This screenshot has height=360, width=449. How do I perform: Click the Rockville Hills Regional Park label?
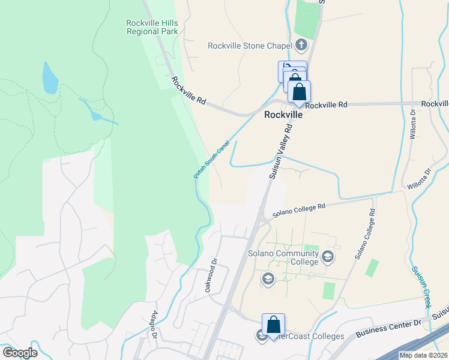[x=152, y=27]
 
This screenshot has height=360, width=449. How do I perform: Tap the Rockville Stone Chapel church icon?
[x=301, y=46]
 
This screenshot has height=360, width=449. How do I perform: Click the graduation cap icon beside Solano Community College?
[x=328, y=257]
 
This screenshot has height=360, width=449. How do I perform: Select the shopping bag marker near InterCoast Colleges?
[x=273, y=324]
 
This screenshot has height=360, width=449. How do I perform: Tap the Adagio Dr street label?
[x=155, y=325]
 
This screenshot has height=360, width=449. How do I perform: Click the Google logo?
[x=20, y=352]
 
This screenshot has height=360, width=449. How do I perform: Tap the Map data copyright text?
[x=423, y=355]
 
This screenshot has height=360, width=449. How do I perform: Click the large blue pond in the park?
[x=50, y=78]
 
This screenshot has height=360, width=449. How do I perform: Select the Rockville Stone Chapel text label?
[x=249, y=46]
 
